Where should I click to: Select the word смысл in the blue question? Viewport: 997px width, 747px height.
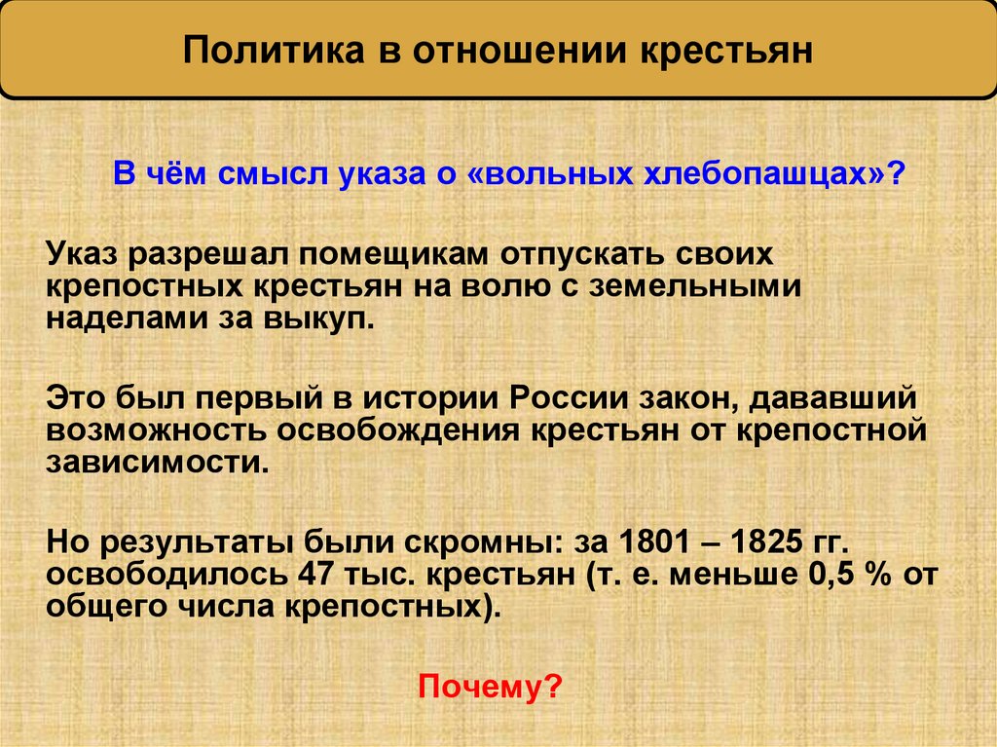[x=273, y=177]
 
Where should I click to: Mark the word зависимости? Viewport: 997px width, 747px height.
[x=155, y=461]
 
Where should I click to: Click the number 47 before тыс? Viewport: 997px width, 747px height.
[x=304, y=573]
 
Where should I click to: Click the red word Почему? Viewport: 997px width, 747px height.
[x=490, y=689]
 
